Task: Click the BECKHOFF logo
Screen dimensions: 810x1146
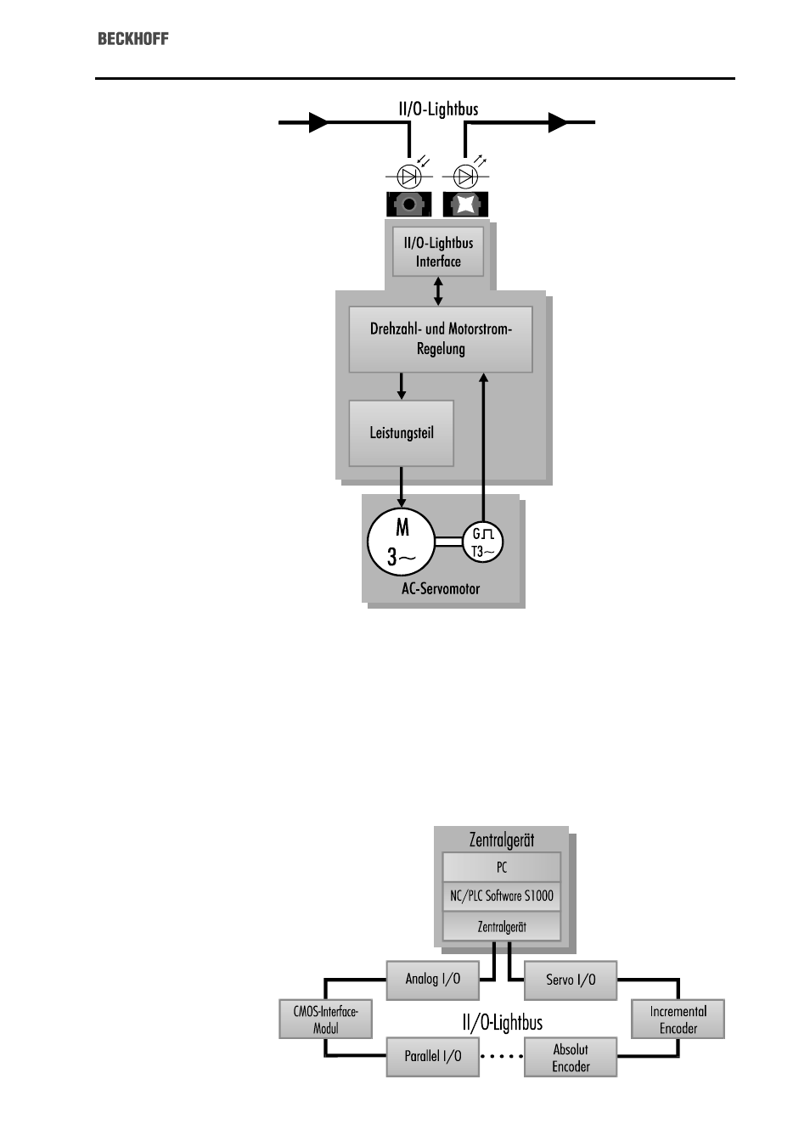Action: coord(133,39)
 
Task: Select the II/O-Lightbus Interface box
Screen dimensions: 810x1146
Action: coord(438,252)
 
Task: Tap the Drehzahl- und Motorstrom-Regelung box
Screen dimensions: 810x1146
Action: coord(441,340)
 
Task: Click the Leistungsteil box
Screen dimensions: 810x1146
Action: coord(401,433)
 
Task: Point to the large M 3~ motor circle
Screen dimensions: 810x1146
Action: coord(401,542)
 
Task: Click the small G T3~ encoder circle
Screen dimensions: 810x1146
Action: coord(482,542)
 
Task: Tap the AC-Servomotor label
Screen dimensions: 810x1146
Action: coord(441,589)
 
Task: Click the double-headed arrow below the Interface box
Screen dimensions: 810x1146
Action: coord(438,292)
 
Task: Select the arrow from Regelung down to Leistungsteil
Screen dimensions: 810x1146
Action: coord(401,386)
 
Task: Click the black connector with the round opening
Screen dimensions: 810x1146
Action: coord(409,205)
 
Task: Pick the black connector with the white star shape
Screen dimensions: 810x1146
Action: coord(465,205)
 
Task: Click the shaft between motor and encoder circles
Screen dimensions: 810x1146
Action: coord(449,542)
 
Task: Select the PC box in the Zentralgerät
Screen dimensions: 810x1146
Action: coord(502,868)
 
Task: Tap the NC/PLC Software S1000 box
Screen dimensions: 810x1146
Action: coord(502,896)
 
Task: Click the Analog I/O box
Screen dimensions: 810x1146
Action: coord(433,980)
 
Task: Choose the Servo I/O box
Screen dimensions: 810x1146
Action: coord(571,980)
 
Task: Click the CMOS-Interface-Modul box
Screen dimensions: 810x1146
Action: coord(325,1020)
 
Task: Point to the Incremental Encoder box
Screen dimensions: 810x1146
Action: coord(678,1020)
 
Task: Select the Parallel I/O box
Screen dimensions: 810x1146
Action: coord(433,1057)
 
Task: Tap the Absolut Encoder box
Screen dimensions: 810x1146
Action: coord(571,1057)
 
